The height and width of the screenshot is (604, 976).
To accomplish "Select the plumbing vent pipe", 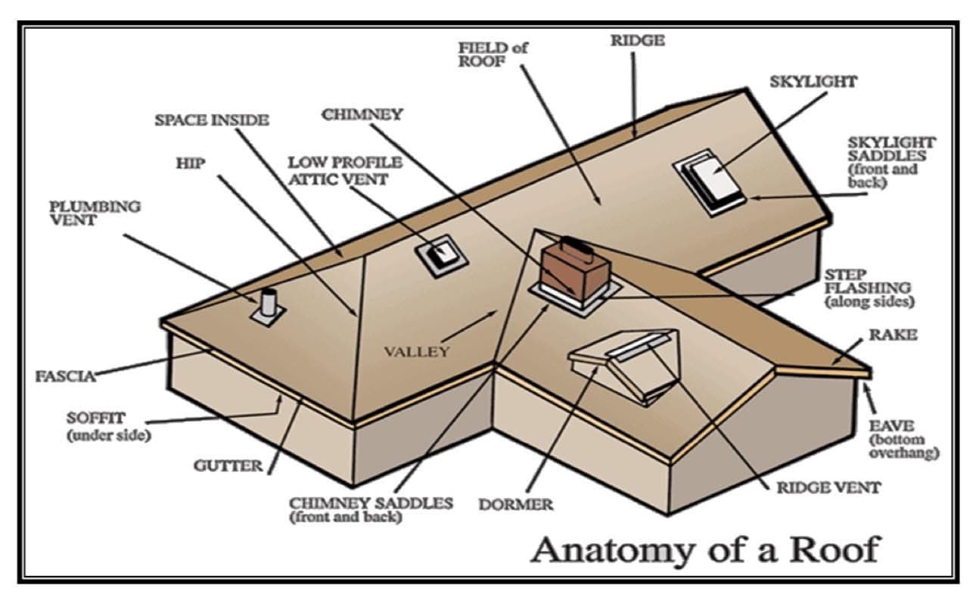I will coord(269,304).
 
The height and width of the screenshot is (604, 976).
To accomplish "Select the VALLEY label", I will coord(417,351).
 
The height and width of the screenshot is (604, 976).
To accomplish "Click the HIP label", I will coord(191,163).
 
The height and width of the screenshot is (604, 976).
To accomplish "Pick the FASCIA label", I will coord(65,375).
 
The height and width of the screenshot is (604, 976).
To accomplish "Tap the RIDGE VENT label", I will coord(828,487).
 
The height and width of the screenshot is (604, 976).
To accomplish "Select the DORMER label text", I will coord(516,504).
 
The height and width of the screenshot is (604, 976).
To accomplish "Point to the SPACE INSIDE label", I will coord(212,120).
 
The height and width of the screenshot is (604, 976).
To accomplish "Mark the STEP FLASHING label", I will coord(868,287).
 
